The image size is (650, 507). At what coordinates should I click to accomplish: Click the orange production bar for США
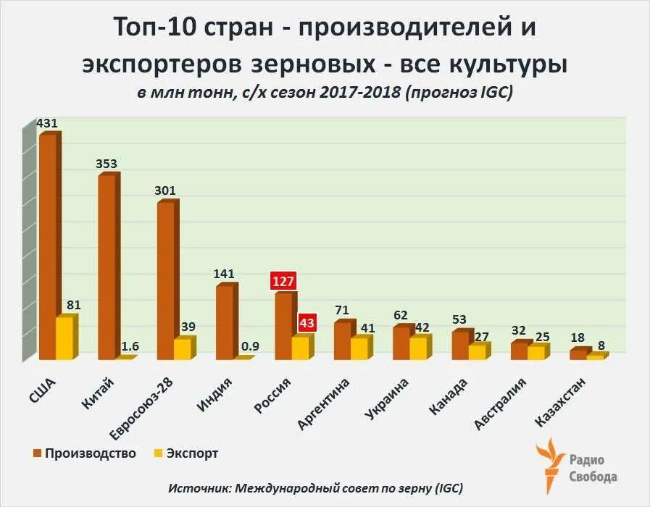point(48,246)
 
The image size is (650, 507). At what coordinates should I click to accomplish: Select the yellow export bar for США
point(65,338)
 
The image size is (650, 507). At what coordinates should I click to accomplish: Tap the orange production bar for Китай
point(107,267)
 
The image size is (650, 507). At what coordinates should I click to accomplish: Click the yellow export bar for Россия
point(301,348)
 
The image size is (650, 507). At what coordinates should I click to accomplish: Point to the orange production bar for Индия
point(225,322)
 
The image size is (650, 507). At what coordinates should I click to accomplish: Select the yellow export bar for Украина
point(418,348)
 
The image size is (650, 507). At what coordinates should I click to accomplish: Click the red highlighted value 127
point(283,281)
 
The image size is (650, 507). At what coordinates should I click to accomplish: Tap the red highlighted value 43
point(307,322)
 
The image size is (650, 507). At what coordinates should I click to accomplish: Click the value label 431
point(47,123)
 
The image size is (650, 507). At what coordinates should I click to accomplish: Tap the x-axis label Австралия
point(501,403)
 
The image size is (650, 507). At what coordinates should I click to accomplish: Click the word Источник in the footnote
point(198,487)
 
